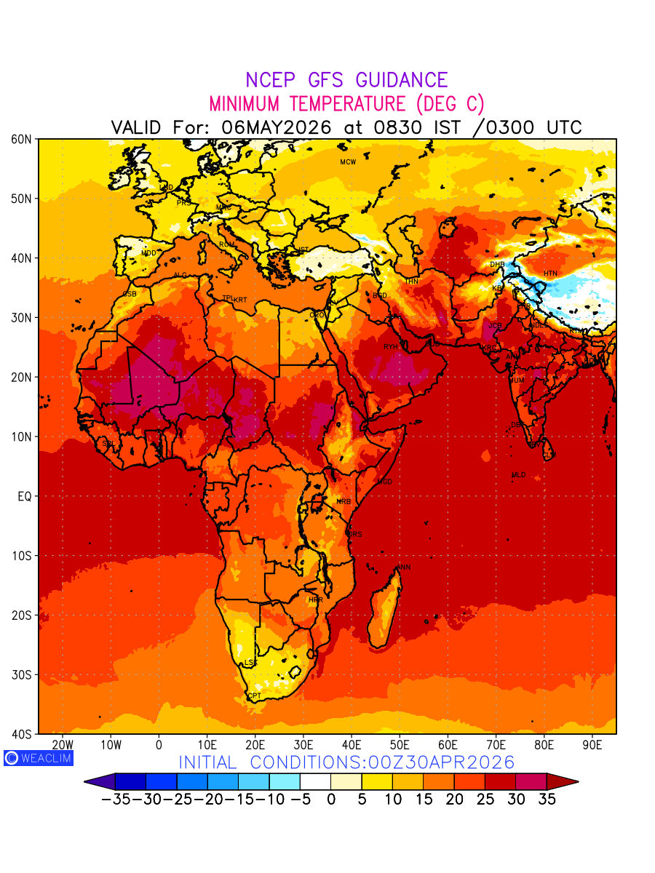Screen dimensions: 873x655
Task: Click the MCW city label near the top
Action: tap(348, 162)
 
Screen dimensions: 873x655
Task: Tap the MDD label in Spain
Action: tap(148, 253)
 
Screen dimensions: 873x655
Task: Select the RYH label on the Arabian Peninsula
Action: tap(391, 347)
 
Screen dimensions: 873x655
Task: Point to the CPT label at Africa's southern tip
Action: tap(254, 696)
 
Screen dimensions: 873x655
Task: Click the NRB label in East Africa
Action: tap(344, 502)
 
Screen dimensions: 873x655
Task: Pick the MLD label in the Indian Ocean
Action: tap(518, 475)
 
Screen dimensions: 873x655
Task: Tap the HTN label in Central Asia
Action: tap(550, 274)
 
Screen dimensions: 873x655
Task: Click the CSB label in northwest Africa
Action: tap(130, 294)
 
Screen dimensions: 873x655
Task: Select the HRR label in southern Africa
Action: tap(315, 600)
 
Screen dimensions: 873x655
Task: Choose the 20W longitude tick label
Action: tap(63, 745)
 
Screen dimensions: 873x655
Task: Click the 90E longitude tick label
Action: tap(592, 745)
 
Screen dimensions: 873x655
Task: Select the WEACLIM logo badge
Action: tap(38, 757)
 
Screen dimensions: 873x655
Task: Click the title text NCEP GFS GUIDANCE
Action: tap(346, 80)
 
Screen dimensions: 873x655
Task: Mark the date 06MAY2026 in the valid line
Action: tap(276, 127)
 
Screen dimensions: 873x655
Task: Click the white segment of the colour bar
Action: tap(315, 781)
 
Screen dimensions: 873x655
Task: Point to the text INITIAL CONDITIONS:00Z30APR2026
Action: tap(346, 762)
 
